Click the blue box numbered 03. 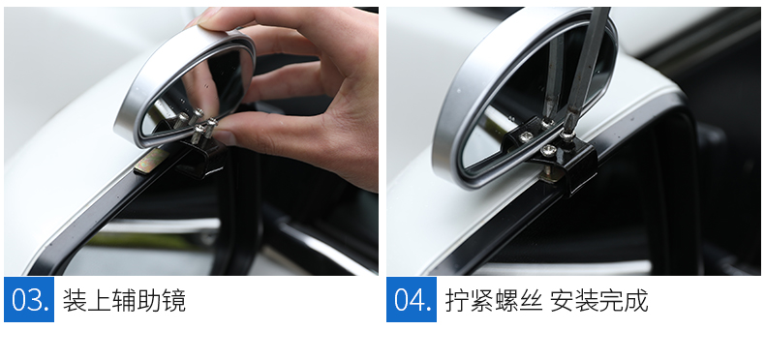(29, 299)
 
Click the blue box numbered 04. (412, 299)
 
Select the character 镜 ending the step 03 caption (173, 300)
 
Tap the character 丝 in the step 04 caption (531, 300)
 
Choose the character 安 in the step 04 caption (562, 300)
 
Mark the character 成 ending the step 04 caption (636, 300)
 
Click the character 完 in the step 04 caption (612, 300)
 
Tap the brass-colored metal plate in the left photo (152, 161)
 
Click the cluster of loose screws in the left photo (197, 125)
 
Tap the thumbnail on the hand (226, 136)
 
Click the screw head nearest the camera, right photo (547, 150)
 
